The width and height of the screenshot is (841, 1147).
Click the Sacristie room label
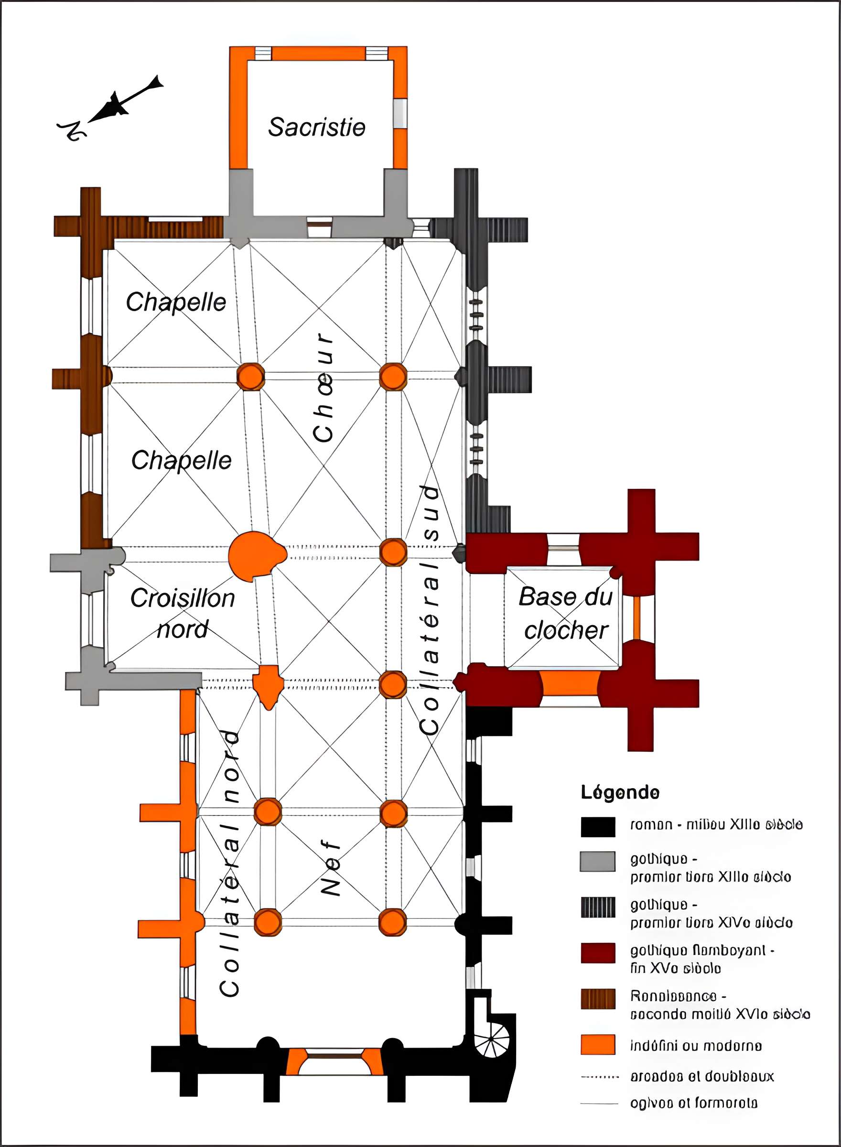(x=317, y=127)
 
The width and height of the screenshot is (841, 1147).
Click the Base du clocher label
(x=566, y=613)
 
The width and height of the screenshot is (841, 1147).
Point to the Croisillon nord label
(x=182, y=613)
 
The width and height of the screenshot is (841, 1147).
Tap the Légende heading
(x=620, y=792)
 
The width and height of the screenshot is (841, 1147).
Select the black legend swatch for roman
(x=598, y=827)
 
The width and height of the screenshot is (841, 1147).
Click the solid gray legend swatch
(x=598, y=861)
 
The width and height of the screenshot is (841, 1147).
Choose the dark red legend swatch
(x=598, y=953)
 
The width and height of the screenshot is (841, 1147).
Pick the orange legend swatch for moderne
(x=598, y=1045)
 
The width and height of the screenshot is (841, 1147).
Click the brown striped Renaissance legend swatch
(x=598, y=999)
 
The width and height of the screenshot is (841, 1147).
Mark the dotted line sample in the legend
(x=599, y=1077)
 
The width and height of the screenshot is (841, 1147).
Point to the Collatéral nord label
(x=230, y=863)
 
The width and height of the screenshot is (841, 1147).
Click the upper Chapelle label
(x=176, y=302)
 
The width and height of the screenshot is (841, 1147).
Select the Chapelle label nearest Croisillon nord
(x=181, y=460)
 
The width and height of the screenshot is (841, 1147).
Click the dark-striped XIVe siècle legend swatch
(x=598, y=907)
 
